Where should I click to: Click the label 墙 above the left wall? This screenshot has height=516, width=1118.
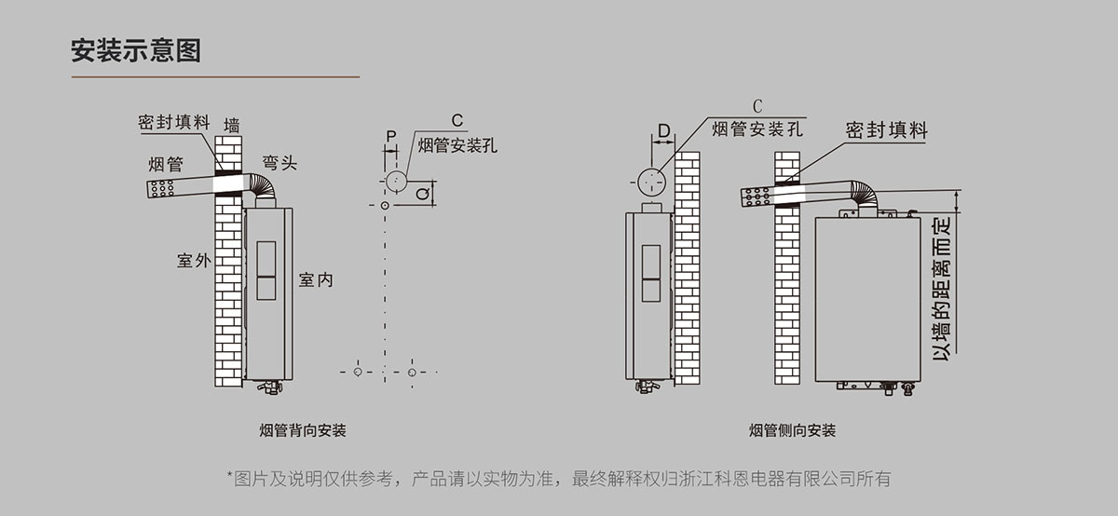[232, 125]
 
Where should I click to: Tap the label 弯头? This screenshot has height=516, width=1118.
[279, 163]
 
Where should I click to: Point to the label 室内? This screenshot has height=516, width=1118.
[316, 279]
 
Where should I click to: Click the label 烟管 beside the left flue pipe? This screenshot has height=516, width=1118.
[166, 165]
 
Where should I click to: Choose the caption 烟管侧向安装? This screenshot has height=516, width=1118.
[793, 431]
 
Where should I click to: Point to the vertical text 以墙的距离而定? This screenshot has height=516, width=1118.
[942, 290]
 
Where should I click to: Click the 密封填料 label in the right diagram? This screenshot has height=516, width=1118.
[887, 129]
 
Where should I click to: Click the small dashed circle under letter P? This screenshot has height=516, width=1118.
[395, 180]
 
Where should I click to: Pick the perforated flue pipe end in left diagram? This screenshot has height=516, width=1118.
[164, 188]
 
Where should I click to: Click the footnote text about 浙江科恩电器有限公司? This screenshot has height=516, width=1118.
[559, 479]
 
